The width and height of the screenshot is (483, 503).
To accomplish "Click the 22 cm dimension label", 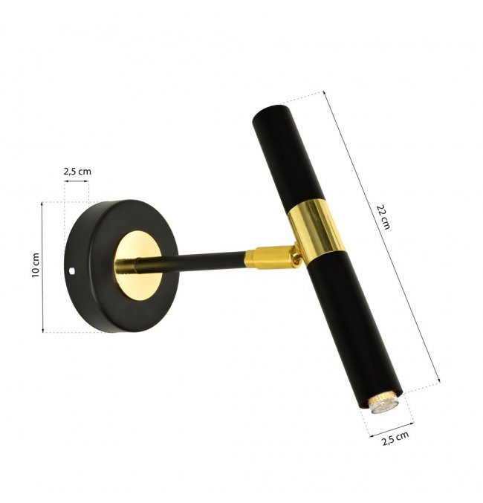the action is click(383, 216).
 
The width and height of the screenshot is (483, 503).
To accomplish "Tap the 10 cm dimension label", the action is click(36, 265).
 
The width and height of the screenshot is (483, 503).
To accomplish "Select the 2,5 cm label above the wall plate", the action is click(77, 172).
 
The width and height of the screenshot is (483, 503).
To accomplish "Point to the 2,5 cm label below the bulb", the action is click(395, 438).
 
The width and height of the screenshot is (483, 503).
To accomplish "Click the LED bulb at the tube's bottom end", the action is click(384, 403).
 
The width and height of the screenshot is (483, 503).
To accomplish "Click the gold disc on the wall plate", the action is click(138, 266).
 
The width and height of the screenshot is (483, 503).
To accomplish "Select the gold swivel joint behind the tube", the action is click(296, 256).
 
